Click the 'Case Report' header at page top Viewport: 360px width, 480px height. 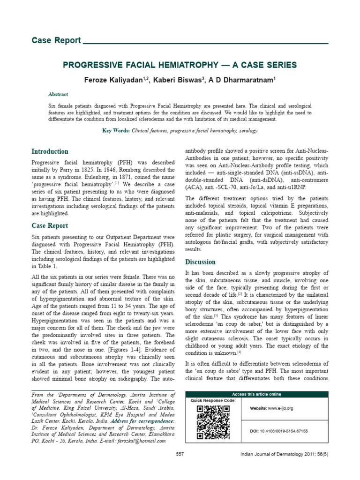click(x=56, y=40)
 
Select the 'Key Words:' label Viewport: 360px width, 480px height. click(x=116, y=131)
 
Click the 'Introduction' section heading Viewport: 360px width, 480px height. click(x=50, y=151)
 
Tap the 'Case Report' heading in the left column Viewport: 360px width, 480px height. click(x=49, y=225)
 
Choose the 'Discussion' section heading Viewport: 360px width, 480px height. click(x=200, y=262)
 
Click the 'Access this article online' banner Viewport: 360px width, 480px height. click(x=256, y=394)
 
